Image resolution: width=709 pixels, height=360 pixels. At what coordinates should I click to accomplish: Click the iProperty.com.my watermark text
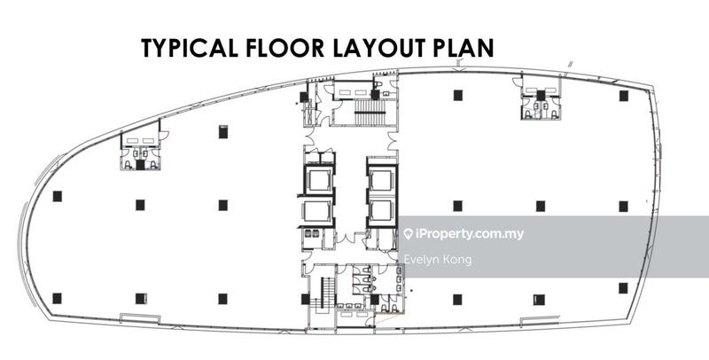[469, 235]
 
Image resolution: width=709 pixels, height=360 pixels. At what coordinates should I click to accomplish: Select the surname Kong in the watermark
[458, 260]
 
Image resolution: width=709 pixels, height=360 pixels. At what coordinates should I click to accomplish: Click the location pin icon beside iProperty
[408, 235]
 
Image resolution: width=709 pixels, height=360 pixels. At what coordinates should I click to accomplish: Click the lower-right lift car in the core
[381, 211]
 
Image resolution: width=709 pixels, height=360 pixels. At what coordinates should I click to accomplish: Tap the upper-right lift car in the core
[381, 180]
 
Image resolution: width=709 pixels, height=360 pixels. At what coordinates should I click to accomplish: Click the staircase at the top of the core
[365, 111]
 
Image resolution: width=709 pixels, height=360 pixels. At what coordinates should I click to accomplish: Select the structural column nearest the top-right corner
[623, 95]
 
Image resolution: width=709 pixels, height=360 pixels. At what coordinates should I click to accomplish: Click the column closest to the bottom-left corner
[57, 298]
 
